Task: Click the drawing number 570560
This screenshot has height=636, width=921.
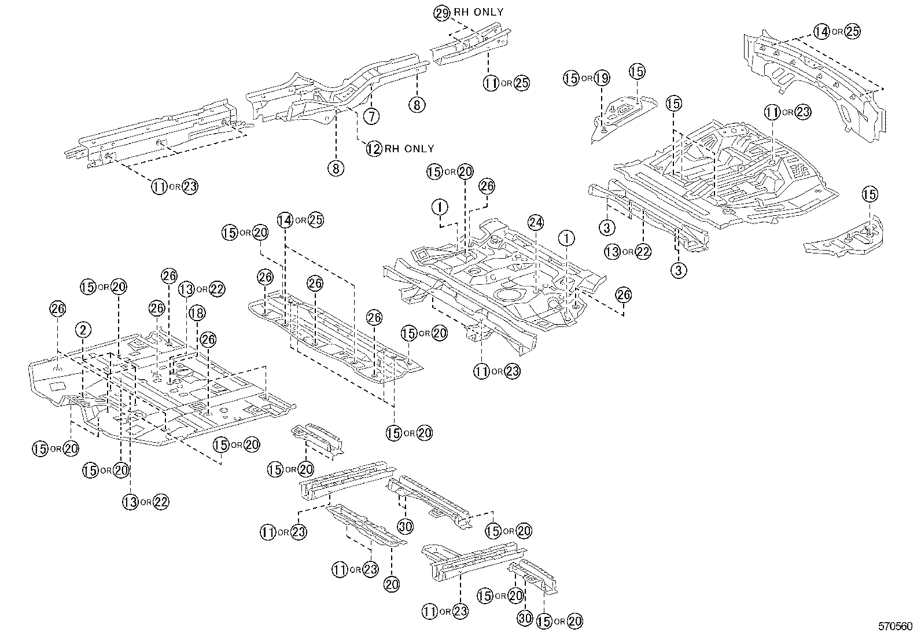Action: (x=896, y=627)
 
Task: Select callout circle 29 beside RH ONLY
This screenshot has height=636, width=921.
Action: (x=442, y=13)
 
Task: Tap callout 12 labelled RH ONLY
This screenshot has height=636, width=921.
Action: (x=374, y=149)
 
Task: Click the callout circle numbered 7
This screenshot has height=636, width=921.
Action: (x=372, y=116)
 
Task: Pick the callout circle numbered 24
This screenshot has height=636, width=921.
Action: (x=536, y=222)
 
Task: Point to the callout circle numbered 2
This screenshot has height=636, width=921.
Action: (x=83, y=330)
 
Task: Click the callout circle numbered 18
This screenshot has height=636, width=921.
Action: (x=197, y=313)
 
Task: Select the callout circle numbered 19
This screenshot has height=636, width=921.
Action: (x=601, y=78)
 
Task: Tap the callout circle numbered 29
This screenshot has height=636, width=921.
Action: (x=442, y=13)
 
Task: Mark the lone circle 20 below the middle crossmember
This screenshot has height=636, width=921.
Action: (x=392, y=584)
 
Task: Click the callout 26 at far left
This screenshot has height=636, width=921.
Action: (x=58, y=308)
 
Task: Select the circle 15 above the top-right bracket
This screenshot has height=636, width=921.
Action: (x=636, y=72)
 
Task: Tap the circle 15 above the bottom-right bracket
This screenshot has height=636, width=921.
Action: (x=870, y=194)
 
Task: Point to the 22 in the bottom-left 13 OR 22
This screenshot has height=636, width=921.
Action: (x=161, y=502)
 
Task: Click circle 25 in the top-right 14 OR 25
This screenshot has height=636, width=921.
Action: (x=852, y=32)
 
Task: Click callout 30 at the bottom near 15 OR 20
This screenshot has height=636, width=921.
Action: (x=524, y=618)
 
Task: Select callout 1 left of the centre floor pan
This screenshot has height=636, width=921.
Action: (x=440, y=206)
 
